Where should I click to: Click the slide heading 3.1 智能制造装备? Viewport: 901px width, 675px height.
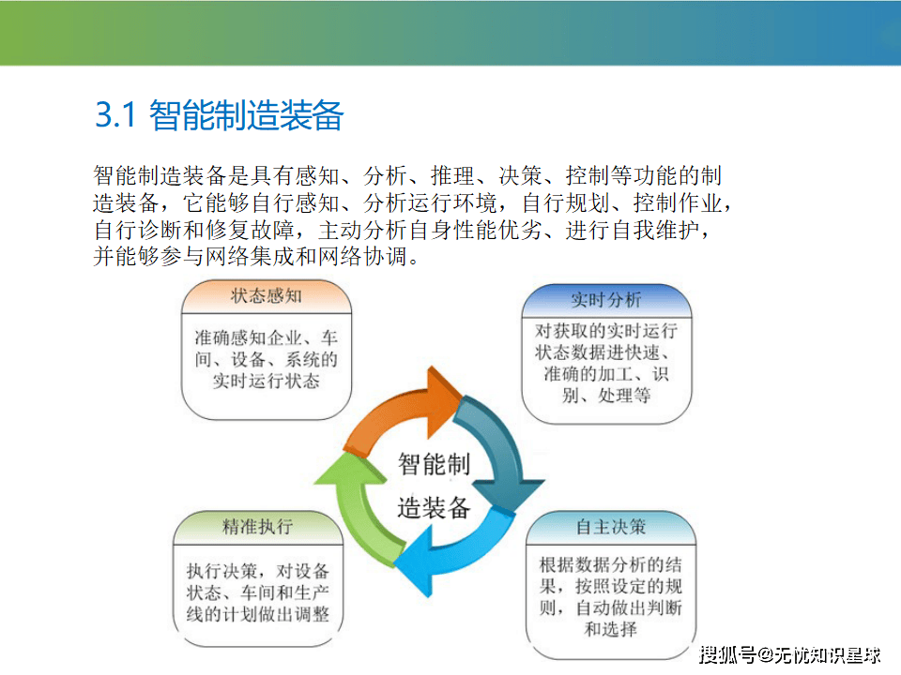[219, 115]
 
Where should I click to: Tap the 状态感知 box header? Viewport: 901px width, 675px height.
[266, 296]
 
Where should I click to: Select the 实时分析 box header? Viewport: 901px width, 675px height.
[606, 300]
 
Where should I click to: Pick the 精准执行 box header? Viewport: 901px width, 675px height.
[257, 526]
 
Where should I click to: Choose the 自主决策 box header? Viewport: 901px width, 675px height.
[611, 527]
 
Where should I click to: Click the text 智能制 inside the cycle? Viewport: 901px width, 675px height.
[434, 464]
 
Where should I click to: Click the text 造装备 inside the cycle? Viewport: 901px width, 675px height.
[434, 508]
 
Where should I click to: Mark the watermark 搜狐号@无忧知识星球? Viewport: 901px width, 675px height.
[789, 655]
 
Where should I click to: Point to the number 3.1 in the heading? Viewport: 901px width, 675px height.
[115, 114]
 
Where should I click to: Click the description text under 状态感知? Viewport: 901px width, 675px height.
[266, 359]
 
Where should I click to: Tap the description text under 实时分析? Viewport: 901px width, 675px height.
[606, 363]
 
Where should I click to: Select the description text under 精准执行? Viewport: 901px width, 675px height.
[257, 592]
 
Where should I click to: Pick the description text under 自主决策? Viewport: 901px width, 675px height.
[611, 597]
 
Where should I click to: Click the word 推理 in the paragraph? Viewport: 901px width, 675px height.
[452, 175]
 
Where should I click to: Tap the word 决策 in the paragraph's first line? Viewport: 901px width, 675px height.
[520, 175]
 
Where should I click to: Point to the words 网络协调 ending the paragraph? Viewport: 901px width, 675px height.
[362, 256]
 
